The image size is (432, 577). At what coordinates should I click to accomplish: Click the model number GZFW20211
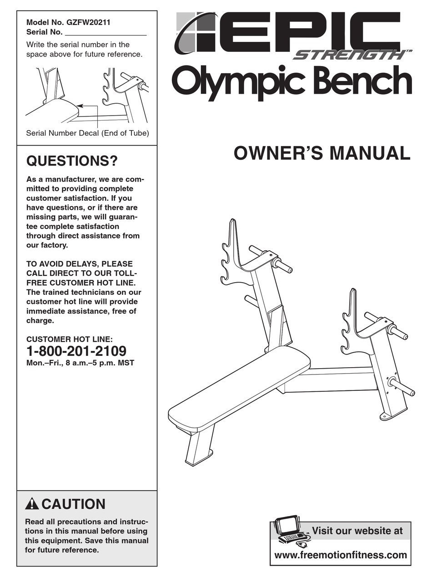(89, 22)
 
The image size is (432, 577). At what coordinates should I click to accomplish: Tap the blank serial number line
(105, 33)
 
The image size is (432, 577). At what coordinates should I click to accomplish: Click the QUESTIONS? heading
(72, 161)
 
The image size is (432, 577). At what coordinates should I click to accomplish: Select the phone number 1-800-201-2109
(76, 351)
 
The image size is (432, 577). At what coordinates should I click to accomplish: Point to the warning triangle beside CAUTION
(32, 504)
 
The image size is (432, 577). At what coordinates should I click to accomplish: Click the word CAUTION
(73, 504)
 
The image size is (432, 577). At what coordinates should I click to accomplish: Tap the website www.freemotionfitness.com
(341, 555)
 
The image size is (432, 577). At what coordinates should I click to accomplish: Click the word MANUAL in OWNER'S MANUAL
(370, 153)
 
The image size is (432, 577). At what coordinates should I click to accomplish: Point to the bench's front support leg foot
(199, 457)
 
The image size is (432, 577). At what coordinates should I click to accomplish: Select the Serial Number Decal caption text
(87, 133)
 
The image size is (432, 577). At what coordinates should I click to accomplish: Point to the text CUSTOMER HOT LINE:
(69, 339)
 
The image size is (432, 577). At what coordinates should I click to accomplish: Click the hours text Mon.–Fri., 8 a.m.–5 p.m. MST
(80, 363)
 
